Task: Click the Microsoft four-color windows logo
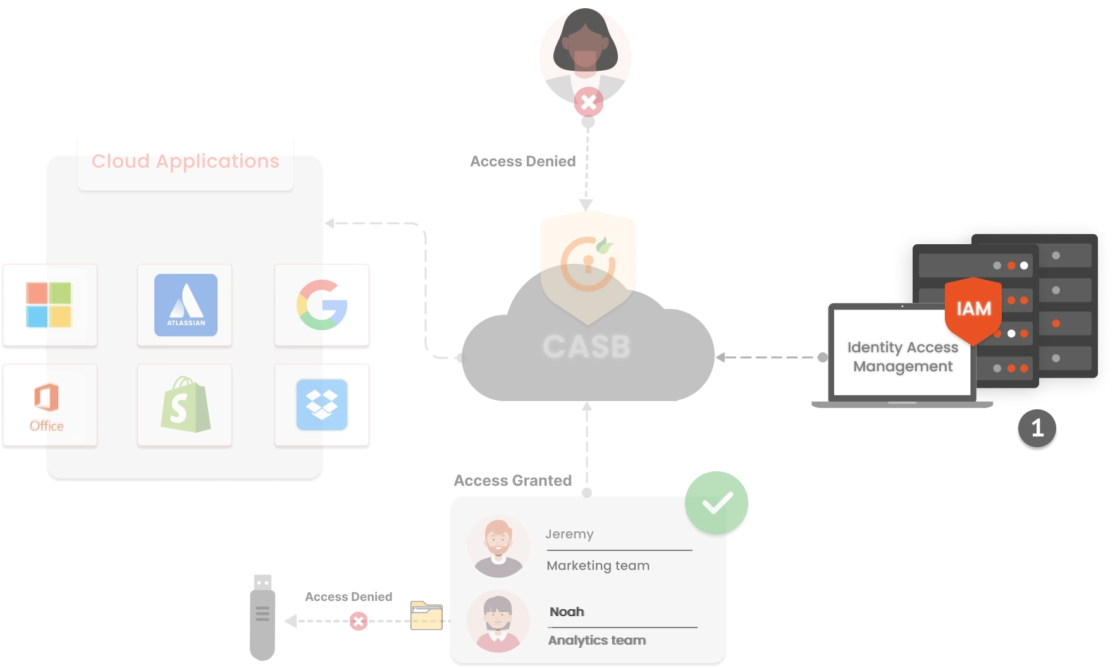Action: (49, 305)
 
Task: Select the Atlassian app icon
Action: (185, 305)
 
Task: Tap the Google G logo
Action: (322, 305)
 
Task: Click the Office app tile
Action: (49, 405)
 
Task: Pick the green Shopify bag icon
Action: (185, 405)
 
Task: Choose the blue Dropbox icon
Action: (322, 405)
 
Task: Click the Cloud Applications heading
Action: (185, 161)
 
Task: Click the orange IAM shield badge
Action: (973, 309)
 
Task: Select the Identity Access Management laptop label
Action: (902, 357)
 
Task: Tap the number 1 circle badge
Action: (1037, 428)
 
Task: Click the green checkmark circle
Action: (717, 503)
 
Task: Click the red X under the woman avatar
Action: (588, 102)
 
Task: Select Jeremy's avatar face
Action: (498, 546)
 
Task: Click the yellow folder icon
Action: (426, 615)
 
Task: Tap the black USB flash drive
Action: (262, 617)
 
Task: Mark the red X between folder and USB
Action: (359, 621)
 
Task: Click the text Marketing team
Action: (598, 566)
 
